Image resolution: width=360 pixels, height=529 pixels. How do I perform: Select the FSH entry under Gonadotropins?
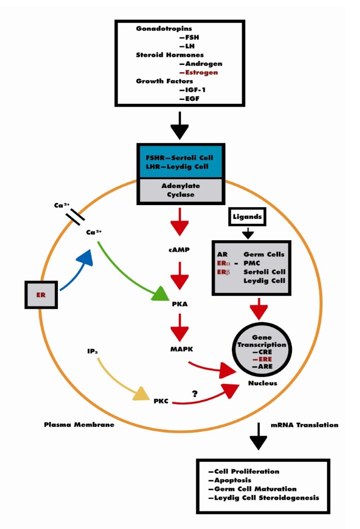(189, 38)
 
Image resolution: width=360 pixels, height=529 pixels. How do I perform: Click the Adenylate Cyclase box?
(180, 190)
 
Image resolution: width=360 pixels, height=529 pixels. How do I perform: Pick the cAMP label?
(179, 250)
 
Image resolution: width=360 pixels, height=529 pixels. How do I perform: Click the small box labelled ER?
(41, 294)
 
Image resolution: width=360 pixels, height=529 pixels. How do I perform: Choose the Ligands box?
(248, 217)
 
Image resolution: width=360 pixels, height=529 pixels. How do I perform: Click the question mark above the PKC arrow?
(195, 394)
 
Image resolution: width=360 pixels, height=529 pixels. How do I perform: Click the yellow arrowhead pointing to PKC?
(140, 395)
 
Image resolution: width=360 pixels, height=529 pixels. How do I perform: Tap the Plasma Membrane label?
(79, 425)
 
